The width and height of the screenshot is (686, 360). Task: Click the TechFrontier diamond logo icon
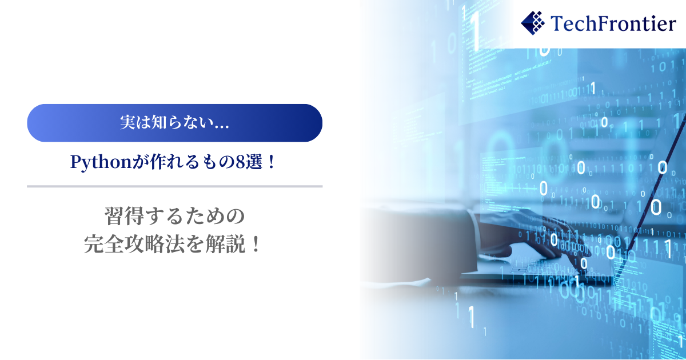(533, 23)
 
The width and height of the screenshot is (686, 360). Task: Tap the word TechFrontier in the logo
(613, 23)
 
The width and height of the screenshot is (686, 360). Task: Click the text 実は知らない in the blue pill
(166, 122)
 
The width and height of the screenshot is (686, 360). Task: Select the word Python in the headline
(101, 162)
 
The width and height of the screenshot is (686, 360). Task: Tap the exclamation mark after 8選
(271, 162)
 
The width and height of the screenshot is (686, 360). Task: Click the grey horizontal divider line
(174, 186)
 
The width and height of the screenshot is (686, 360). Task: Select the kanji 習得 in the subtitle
(125, 216)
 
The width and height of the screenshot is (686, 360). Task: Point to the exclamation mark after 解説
(255, 245)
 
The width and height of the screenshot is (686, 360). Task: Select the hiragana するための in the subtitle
(194, 216)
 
